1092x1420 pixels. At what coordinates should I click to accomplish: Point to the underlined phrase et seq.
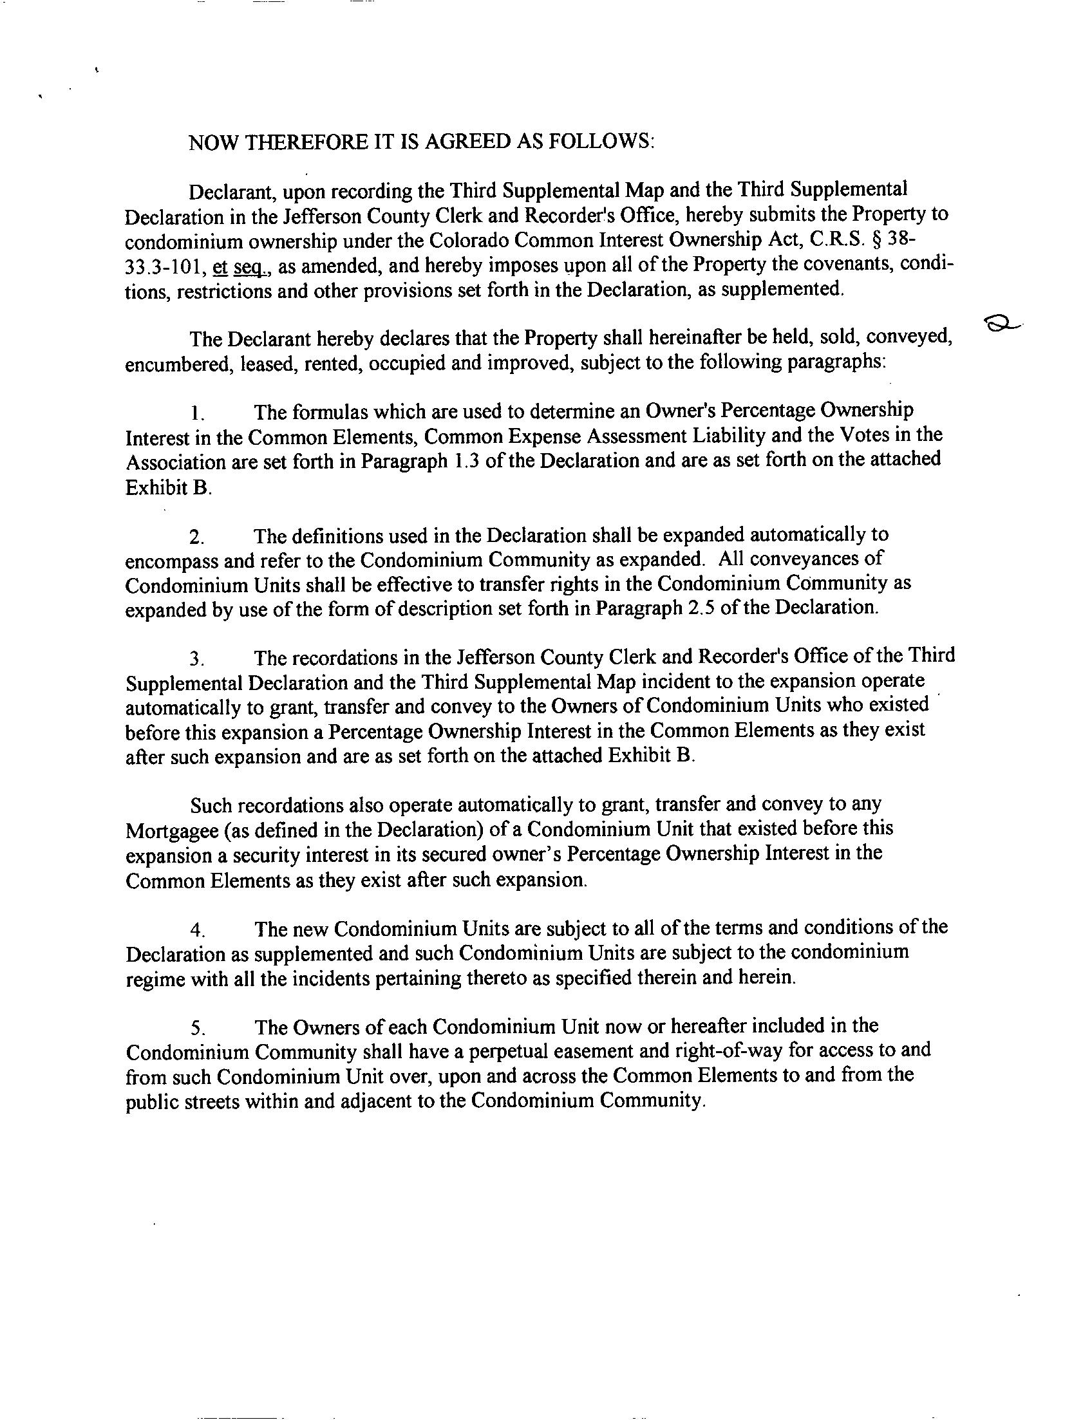[236, 266]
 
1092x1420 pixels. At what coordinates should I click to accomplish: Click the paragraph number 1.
[198, 413]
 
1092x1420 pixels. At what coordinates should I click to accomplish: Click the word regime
[155, 980]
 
